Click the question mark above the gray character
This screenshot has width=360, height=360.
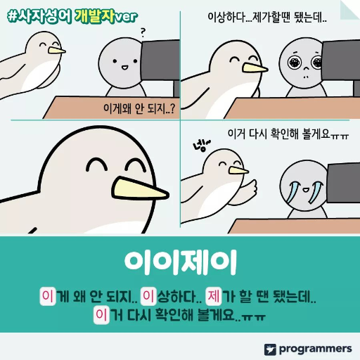[143, 32]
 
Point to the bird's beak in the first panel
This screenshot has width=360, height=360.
[56, 51]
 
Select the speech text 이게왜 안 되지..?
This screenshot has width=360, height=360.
[138, 109]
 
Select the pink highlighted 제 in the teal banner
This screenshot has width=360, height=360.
[214, 295]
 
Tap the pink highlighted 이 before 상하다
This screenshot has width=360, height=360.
[149, 295]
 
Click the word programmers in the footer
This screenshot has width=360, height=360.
[315, 348]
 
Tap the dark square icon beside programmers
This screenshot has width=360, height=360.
[270, 349]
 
